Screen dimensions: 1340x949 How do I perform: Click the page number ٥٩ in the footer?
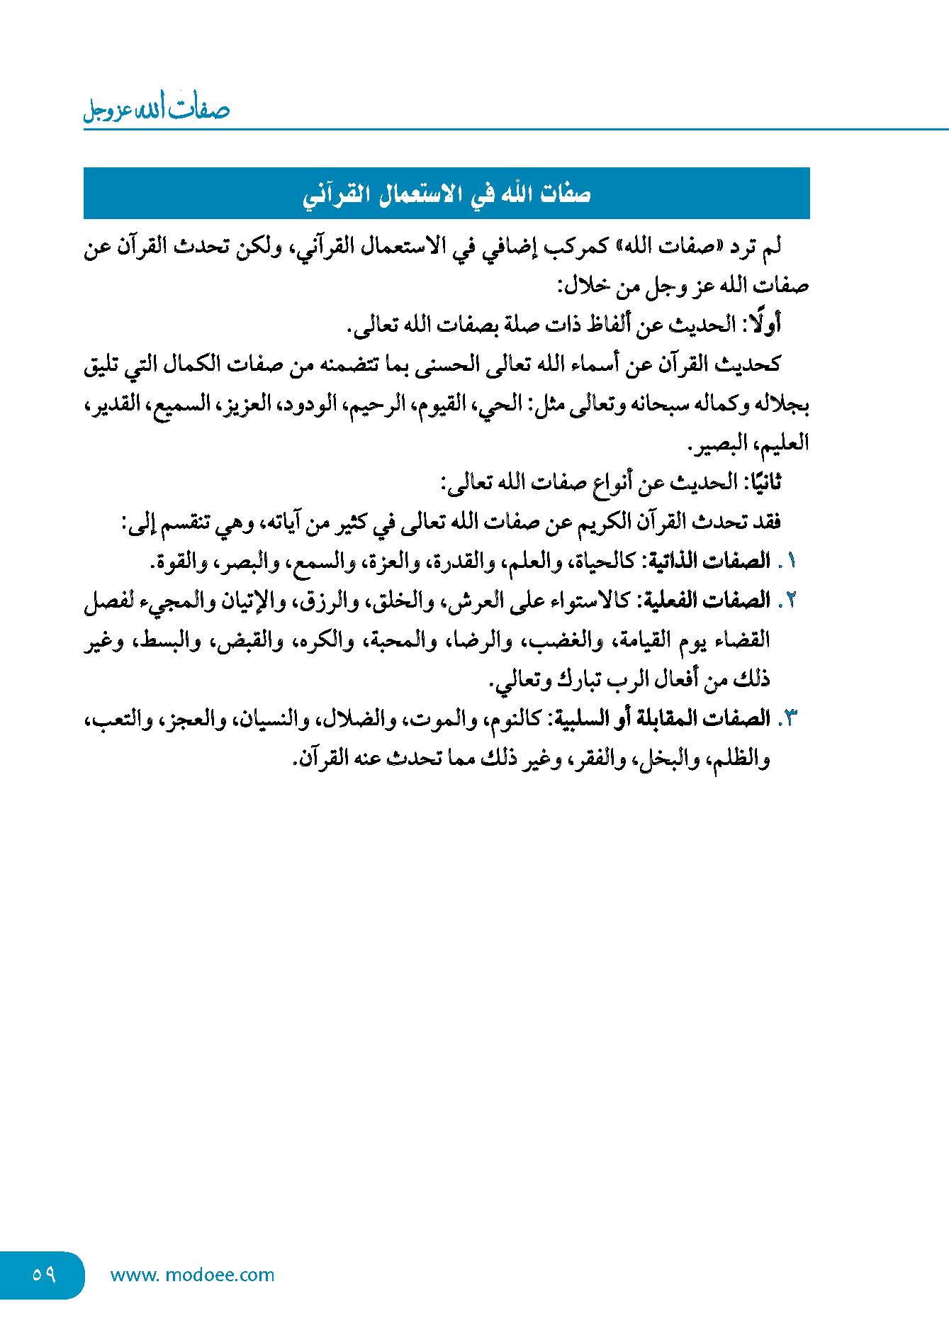[43, 1274]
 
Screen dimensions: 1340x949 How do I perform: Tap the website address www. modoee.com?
[192, 1275]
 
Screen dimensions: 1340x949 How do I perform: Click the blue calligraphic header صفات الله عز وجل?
[157, 109]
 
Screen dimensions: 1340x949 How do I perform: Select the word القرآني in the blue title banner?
[337, 194]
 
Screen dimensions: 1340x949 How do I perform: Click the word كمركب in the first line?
[574, 247]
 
